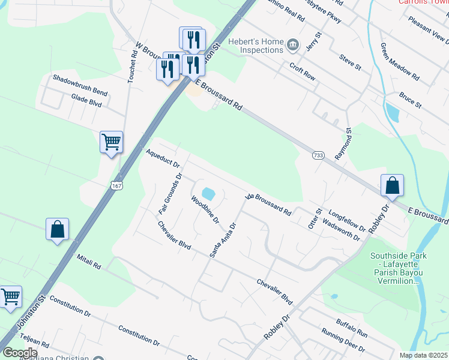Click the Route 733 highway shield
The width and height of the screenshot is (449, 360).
coord(318,156)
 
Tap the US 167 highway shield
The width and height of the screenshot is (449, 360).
coord(117,187)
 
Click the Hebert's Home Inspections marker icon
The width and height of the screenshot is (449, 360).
coord(293,44)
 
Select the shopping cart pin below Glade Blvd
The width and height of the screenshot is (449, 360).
coord(111,143)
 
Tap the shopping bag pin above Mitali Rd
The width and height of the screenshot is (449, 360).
coord(57,229)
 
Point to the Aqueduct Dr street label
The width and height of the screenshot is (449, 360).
coord(162,159)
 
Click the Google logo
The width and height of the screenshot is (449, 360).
coord(20,353)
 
